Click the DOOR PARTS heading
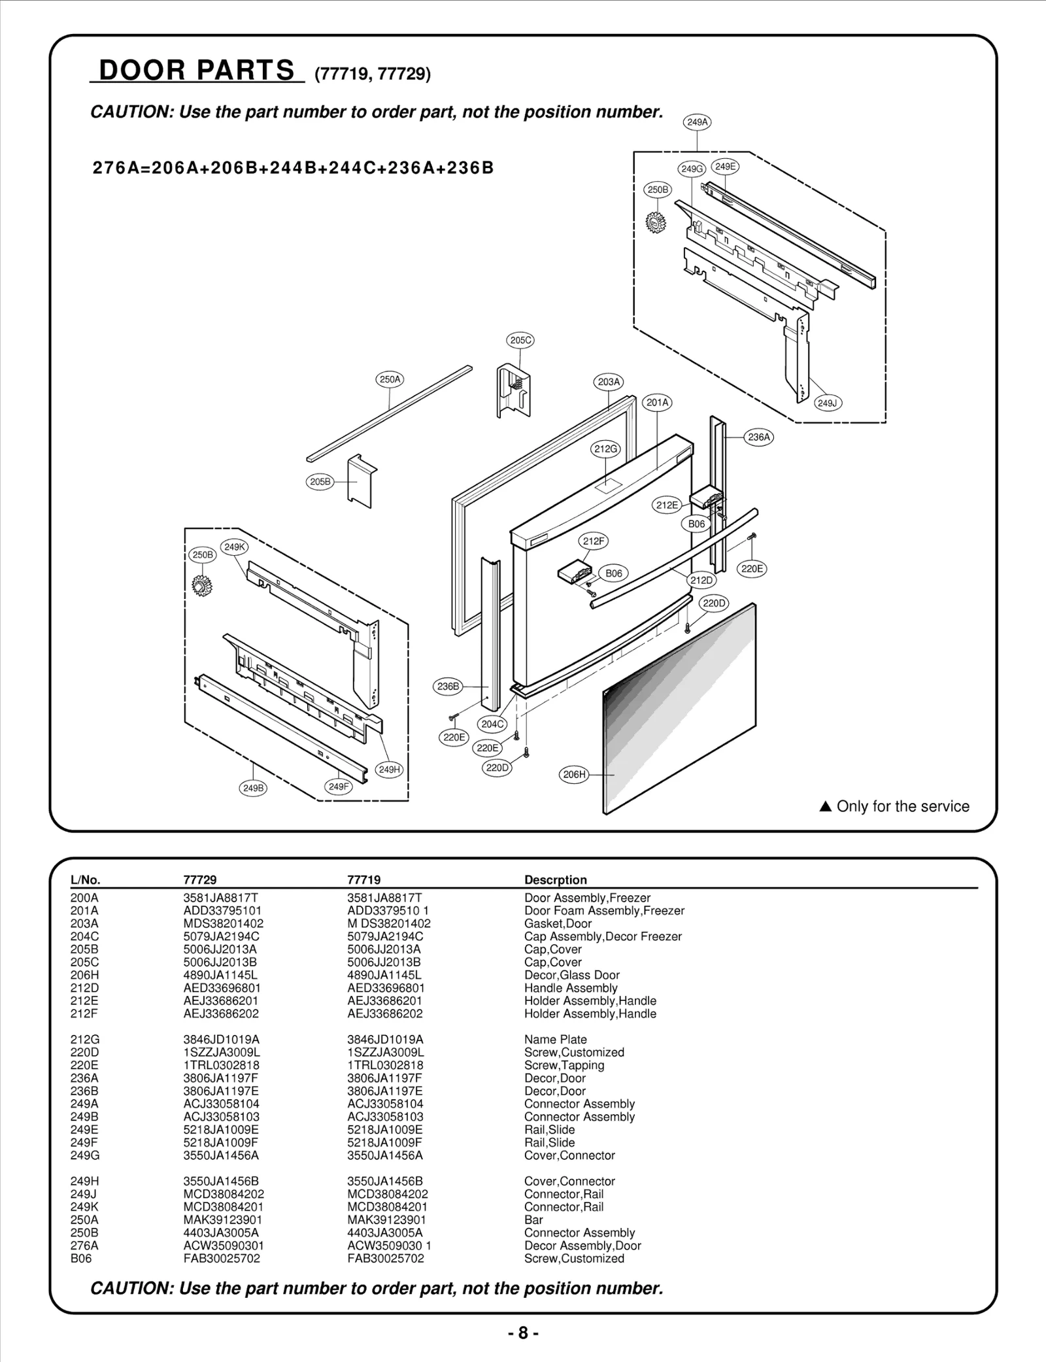[197, 70]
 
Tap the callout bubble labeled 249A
[697, 122]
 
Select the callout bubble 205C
[520, 340]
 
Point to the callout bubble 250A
[390, 379]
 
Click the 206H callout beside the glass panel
[574, 775]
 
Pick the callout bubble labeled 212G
[605, 449]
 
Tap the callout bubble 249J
[827, 403]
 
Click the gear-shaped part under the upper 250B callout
[654, 223]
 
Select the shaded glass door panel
[680, 709]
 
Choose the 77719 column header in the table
[364, 879]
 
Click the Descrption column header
[555, 879]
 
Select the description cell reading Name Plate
[555, 1040]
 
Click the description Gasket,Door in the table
[558, 924]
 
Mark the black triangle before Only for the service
[825, 806]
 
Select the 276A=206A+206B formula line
[293, 168]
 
